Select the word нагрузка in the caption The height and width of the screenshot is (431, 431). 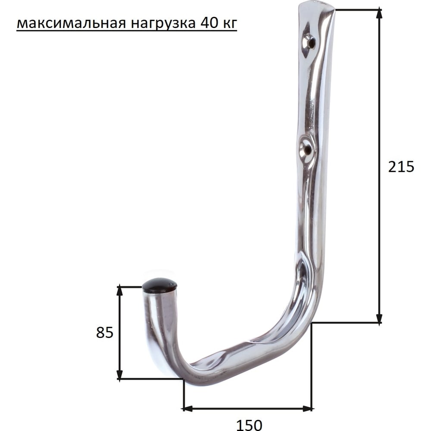(163, 24)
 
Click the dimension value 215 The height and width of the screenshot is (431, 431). (401, 166)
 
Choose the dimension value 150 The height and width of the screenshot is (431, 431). (249, 425)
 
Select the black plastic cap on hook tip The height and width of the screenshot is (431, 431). (160, 285)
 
